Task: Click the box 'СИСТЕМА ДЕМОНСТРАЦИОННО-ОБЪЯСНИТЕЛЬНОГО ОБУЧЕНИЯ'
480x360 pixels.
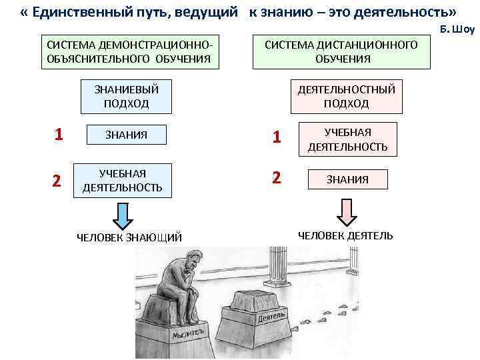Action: (x=129, y=51)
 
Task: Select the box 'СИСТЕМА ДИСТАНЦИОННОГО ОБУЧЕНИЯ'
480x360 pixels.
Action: (x=342, y=51)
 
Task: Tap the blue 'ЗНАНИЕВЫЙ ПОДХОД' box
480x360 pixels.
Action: (x=126, y=96)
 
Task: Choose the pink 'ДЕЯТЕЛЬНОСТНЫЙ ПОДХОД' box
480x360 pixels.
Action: (x=346, y=96)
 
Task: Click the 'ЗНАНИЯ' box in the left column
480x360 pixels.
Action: (x=126, y=135)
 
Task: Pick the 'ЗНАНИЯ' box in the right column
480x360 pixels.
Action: (x=347, y=179)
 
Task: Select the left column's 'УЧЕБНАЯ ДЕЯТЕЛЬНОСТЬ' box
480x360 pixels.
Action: (x=122, y=181)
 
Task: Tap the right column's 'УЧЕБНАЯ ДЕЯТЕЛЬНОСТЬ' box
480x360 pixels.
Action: (x=347, y=139)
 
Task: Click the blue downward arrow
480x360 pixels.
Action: (x=122, y=214)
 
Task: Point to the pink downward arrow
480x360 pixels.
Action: (x=346, y=212)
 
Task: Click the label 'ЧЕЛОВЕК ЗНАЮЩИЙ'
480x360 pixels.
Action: (x=129, y=237)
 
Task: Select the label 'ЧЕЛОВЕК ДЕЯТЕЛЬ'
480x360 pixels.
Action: (x=345, y=235)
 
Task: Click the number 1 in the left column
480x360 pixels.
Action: (x=59, y=135)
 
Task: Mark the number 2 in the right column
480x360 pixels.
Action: (x=277, y=178)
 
